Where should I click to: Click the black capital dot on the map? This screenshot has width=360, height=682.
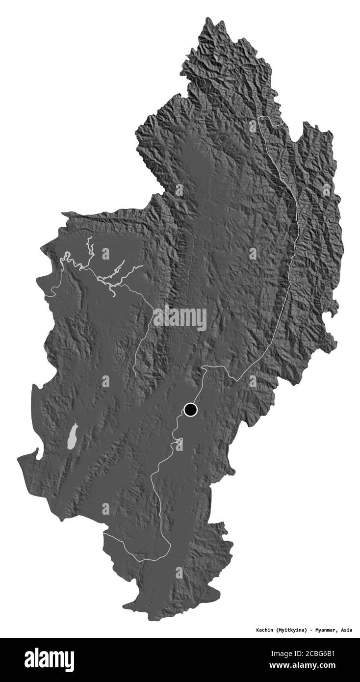click(x=190, y=410)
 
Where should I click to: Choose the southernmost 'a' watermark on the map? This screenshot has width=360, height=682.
click(x=179, y=572)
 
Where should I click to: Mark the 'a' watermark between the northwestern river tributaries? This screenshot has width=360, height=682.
click(x=105, y=254)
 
